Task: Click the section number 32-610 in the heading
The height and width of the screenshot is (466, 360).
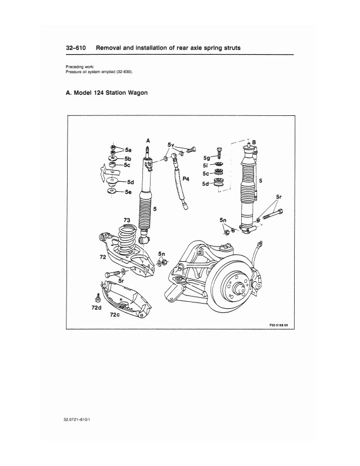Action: (x=76, y=48)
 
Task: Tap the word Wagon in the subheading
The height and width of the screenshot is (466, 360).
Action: (x=138, y=93)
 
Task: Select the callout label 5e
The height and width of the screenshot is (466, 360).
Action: (x=128, y=192)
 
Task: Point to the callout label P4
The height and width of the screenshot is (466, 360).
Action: (x=186, y=179)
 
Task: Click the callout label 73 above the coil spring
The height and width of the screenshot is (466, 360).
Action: (x=127, y=220)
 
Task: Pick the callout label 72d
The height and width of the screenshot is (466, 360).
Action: (x=96, y=308)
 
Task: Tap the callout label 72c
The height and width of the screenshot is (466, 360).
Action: (x=115, y=314)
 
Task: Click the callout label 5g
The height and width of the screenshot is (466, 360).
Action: (x=206, y=158)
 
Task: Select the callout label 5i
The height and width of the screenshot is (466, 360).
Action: (x=205, y=165)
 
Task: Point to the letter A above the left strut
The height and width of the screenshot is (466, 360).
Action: (x=148, y=141)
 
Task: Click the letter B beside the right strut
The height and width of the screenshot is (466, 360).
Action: (x=254, y=142)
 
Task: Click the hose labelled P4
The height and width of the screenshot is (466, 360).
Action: (x=179, y=184)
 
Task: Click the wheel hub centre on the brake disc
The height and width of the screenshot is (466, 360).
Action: (x=238, y=288)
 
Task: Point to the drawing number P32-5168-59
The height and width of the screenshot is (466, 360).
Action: (x=278, y=325)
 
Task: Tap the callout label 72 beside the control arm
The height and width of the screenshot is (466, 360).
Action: (x=103, y=257)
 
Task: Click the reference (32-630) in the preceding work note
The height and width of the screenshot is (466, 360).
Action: (x=125, y=72)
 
